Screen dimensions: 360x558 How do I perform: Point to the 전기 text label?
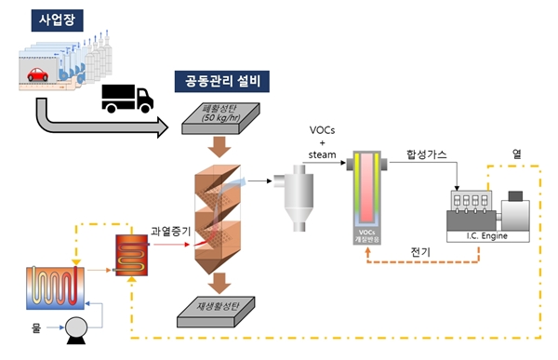click(420, 251)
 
